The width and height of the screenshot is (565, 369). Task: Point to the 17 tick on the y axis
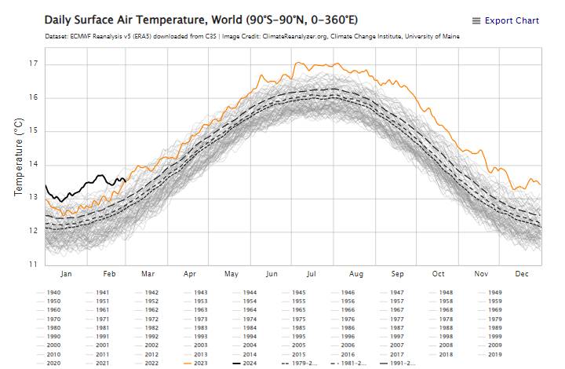[x=31, y=64]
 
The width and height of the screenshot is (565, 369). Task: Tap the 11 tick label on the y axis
[x=31, y=265]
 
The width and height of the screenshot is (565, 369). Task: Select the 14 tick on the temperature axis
[x=31, y=164]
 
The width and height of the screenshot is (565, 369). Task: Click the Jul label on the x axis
[x=312, y=274]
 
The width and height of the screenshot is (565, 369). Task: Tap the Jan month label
[x=66, y=274]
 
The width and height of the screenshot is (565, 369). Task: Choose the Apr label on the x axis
[x=189, y=274]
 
